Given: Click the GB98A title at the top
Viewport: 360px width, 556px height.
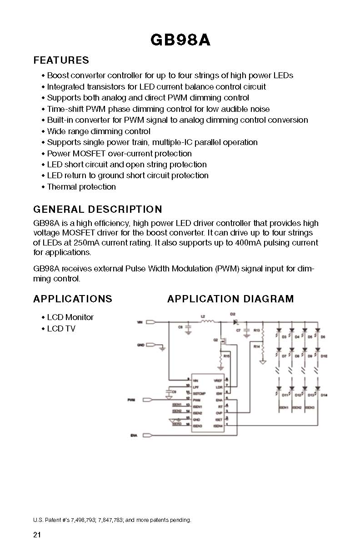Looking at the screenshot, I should tap(180, 40).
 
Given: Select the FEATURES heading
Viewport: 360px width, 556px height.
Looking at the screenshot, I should tap(61, 60).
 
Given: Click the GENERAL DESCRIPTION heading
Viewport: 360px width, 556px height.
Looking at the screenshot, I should tap(98, 210).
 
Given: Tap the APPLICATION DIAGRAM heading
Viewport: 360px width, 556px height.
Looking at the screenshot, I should tap(230, 299).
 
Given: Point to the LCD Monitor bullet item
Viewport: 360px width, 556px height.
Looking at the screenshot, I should tap(70, 317).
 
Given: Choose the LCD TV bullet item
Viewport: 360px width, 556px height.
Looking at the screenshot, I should tap(61, 329).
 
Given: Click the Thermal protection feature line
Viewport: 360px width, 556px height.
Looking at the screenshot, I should tap(81, 187).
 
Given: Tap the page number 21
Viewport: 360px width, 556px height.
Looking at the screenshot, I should tap(37, 535).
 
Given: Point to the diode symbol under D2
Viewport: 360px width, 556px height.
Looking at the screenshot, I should tap(235, 322).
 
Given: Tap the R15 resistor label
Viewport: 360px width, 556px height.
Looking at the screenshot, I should tap(227, 356).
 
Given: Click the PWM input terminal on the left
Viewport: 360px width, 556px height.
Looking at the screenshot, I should tap(148, 400).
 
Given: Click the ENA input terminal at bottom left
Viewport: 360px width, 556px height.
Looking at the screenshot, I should tap(148, 436).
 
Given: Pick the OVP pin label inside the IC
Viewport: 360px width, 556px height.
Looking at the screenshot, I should tap(219, 413).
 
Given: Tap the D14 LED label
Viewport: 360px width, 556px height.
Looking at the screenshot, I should tap(324, 396).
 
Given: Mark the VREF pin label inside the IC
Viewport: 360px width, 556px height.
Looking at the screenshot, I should tap(217, 380).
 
